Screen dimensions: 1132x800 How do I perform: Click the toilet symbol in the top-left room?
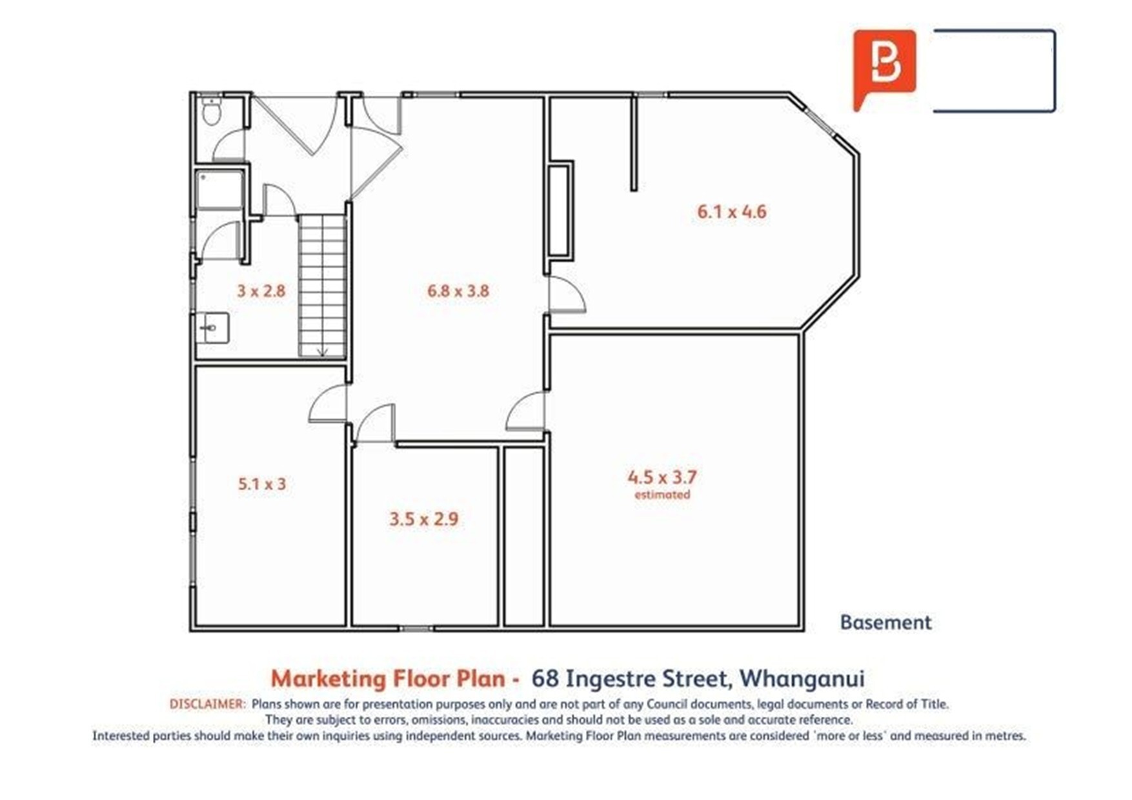211,111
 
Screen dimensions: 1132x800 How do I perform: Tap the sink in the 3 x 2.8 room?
212,328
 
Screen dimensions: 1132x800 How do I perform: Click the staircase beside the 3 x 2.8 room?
323,286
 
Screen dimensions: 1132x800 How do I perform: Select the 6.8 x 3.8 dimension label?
458,291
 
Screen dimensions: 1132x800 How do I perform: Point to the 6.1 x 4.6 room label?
732,212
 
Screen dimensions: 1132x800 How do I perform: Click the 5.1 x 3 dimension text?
262,484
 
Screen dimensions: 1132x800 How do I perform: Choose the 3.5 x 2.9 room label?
424,519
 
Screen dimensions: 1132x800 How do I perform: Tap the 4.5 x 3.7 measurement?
662,477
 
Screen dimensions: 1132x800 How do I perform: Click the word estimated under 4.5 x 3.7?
662,495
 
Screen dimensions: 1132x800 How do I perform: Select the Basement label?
886,623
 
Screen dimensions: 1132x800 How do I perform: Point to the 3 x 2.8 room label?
261,291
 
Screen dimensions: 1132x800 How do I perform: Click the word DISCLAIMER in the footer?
208,704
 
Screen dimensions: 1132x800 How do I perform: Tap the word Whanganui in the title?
802,679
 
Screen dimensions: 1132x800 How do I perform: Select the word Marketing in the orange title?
328,679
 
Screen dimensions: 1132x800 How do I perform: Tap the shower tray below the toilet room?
220,190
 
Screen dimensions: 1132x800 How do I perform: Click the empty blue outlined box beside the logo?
995,71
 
